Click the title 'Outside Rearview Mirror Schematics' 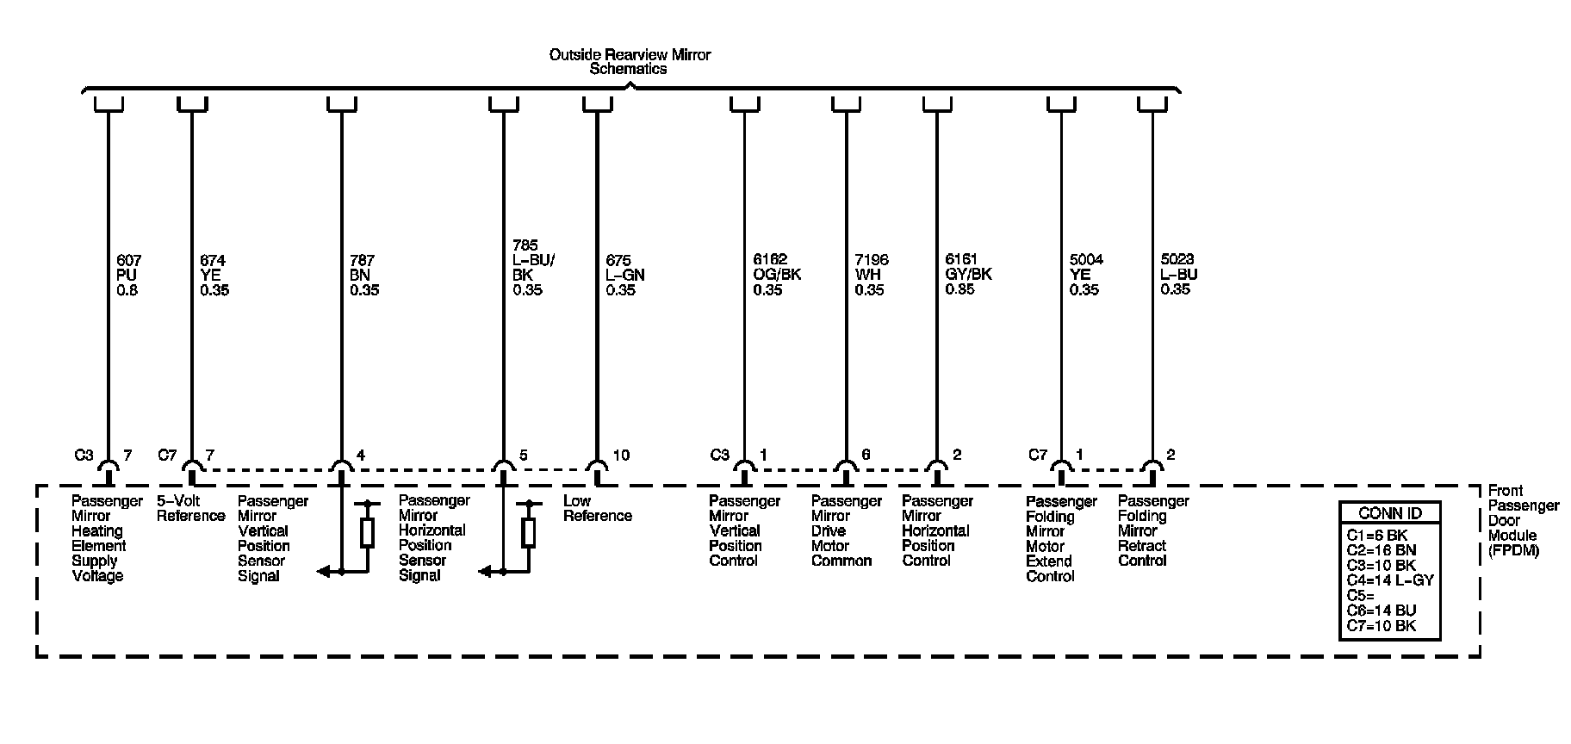point(630,62)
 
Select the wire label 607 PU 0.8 point(128,275)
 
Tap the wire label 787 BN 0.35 point(363,275)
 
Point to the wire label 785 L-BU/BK point(528,268)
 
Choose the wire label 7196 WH point(871,275)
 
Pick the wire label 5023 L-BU point(1178,275)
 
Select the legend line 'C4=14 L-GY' point(1389,580)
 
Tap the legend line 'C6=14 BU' point(1381,611)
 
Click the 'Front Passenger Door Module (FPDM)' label point(1523,520)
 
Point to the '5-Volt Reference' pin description point(190,508)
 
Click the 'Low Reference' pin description point(597,508)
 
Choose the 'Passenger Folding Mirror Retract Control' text point(1153,530)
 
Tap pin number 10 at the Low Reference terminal point(621,455)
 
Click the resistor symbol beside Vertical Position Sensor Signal point(368,533)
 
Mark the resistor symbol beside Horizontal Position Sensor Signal point(529,533)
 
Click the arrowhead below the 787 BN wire point(323,571)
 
